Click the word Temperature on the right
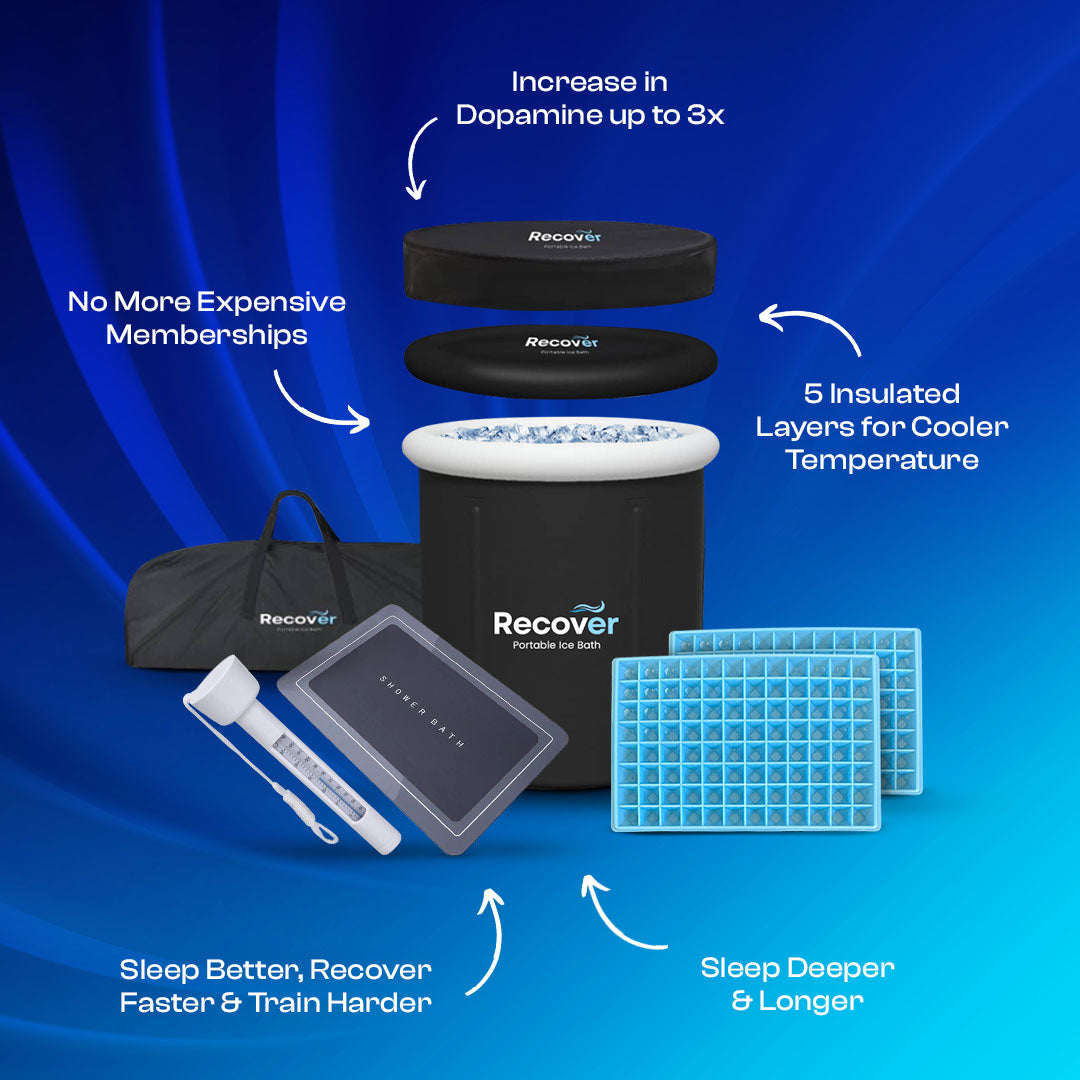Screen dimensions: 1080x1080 coord(881,460)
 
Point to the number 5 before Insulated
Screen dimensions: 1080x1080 coord(812,394)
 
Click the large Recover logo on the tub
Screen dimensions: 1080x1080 coord(555,623)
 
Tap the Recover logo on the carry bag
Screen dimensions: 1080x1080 coord(298,619)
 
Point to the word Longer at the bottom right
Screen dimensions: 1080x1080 coord(811,1001)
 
